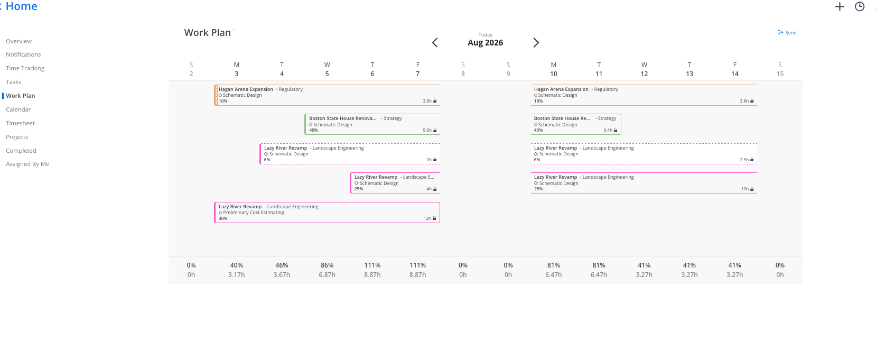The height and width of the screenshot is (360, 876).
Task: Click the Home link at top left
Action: (21, 6)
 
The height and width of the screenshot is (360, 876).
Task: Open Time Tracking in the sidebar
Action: (25, 68)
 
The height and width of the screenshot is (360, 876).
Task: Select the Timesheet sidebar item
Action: (20, 123)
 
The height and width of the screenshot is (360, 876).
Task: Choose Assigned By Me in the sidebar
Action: (27, 164)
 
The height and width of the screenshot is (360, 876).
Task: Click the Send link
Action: (787, 32)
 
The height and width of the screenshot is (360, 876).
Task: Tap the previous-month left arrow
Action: (435, 43)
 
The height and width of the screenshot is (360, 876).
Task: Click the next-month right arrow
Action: (536, 43)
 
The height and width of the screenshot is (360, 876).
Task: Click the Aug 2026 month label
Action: (486, 43)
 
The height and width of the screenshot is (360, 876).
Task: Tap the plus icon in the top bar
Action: (840, 7)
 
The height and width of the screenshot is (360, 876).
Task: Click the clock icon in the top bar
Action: (860, 7)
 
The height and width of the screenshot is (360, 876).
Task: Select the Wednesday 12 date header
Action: (644, 69)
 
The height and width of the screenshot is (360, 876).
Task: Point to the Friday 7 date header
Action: (418, 69)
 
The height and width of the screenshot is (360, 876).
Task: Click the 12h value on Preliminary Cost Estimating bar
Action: (427, 218)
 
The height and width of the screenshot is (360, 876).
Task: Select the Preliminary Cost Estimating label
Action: (254, 213)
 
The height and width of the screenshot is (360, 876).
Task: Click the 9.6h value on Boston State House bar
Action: (427, 130)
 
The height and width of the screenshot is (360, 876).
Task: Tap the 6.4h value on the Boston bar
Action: (608, 130)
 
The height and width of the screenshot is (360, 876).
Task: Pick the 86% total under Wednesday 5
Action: (327, 265)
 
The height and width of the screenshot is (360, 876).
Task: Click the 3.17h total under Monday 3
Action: (237, 275)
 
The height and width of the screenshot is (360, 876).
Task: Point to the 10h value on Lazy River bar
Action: (745, 189)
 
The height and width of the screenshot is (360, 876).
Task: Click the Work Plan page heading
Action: (208, 32)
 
